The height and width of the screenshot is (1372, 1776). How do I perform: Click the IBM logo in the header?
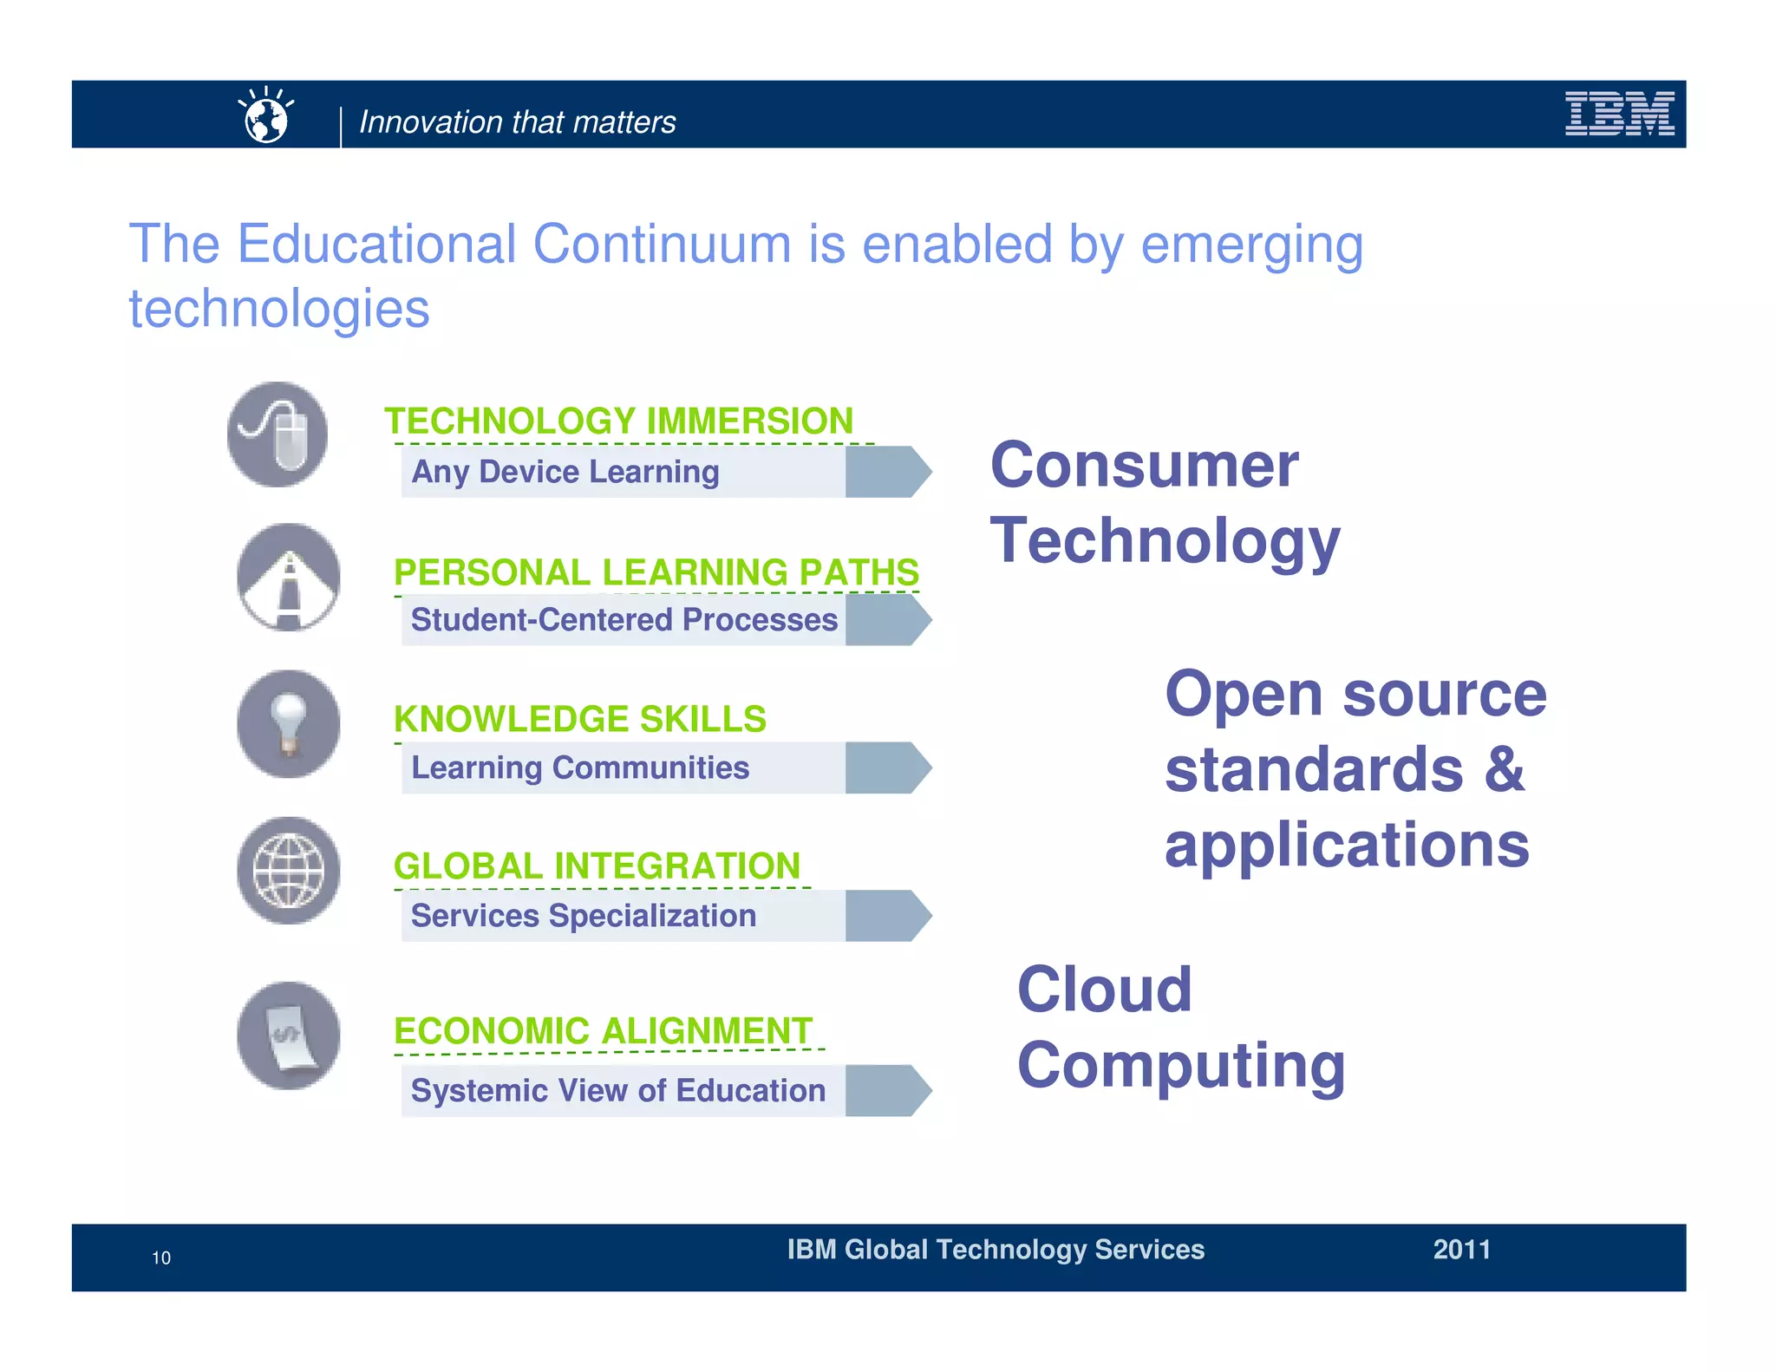point(1618,114)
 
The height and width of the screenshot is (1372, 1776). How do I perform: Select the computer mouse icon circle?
point(277,434)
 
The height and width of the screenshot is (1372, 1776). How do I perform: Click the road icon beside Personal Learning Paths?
point(288,578)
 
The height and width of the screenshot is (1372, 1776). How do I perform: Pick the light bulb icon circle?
point(288,724)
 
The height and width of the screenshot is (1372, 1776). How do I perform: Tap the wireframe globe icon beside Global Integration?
point(288,870)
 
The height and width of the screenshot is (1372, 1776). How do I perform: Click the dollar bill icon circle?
point(288,1036)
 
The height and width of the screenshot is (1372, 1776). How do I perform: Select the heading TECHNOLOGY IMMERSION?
point(619,421)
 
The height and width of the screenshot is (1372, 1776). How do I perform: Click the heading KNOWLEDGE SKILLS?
point(579,720)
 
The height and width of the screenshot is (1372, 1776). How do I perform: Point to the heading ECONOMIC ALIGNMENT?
point(603,1032)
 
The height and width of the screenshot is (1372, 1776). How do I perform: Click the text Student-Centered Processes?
point(624,620)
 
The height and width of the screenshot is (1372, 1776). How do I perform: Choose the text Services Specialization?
point(583,916)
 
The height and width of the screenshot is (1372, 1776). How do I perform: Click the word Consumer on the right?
point(1144,466)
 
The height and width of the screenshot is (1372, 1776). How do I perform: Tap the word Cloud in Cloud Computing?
point(1104,990)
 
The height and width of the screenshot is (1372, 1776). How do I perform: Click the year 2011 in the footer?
point(1461,1250)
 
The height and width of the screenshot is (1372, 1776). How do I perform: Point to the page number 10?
point(161,1258)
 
